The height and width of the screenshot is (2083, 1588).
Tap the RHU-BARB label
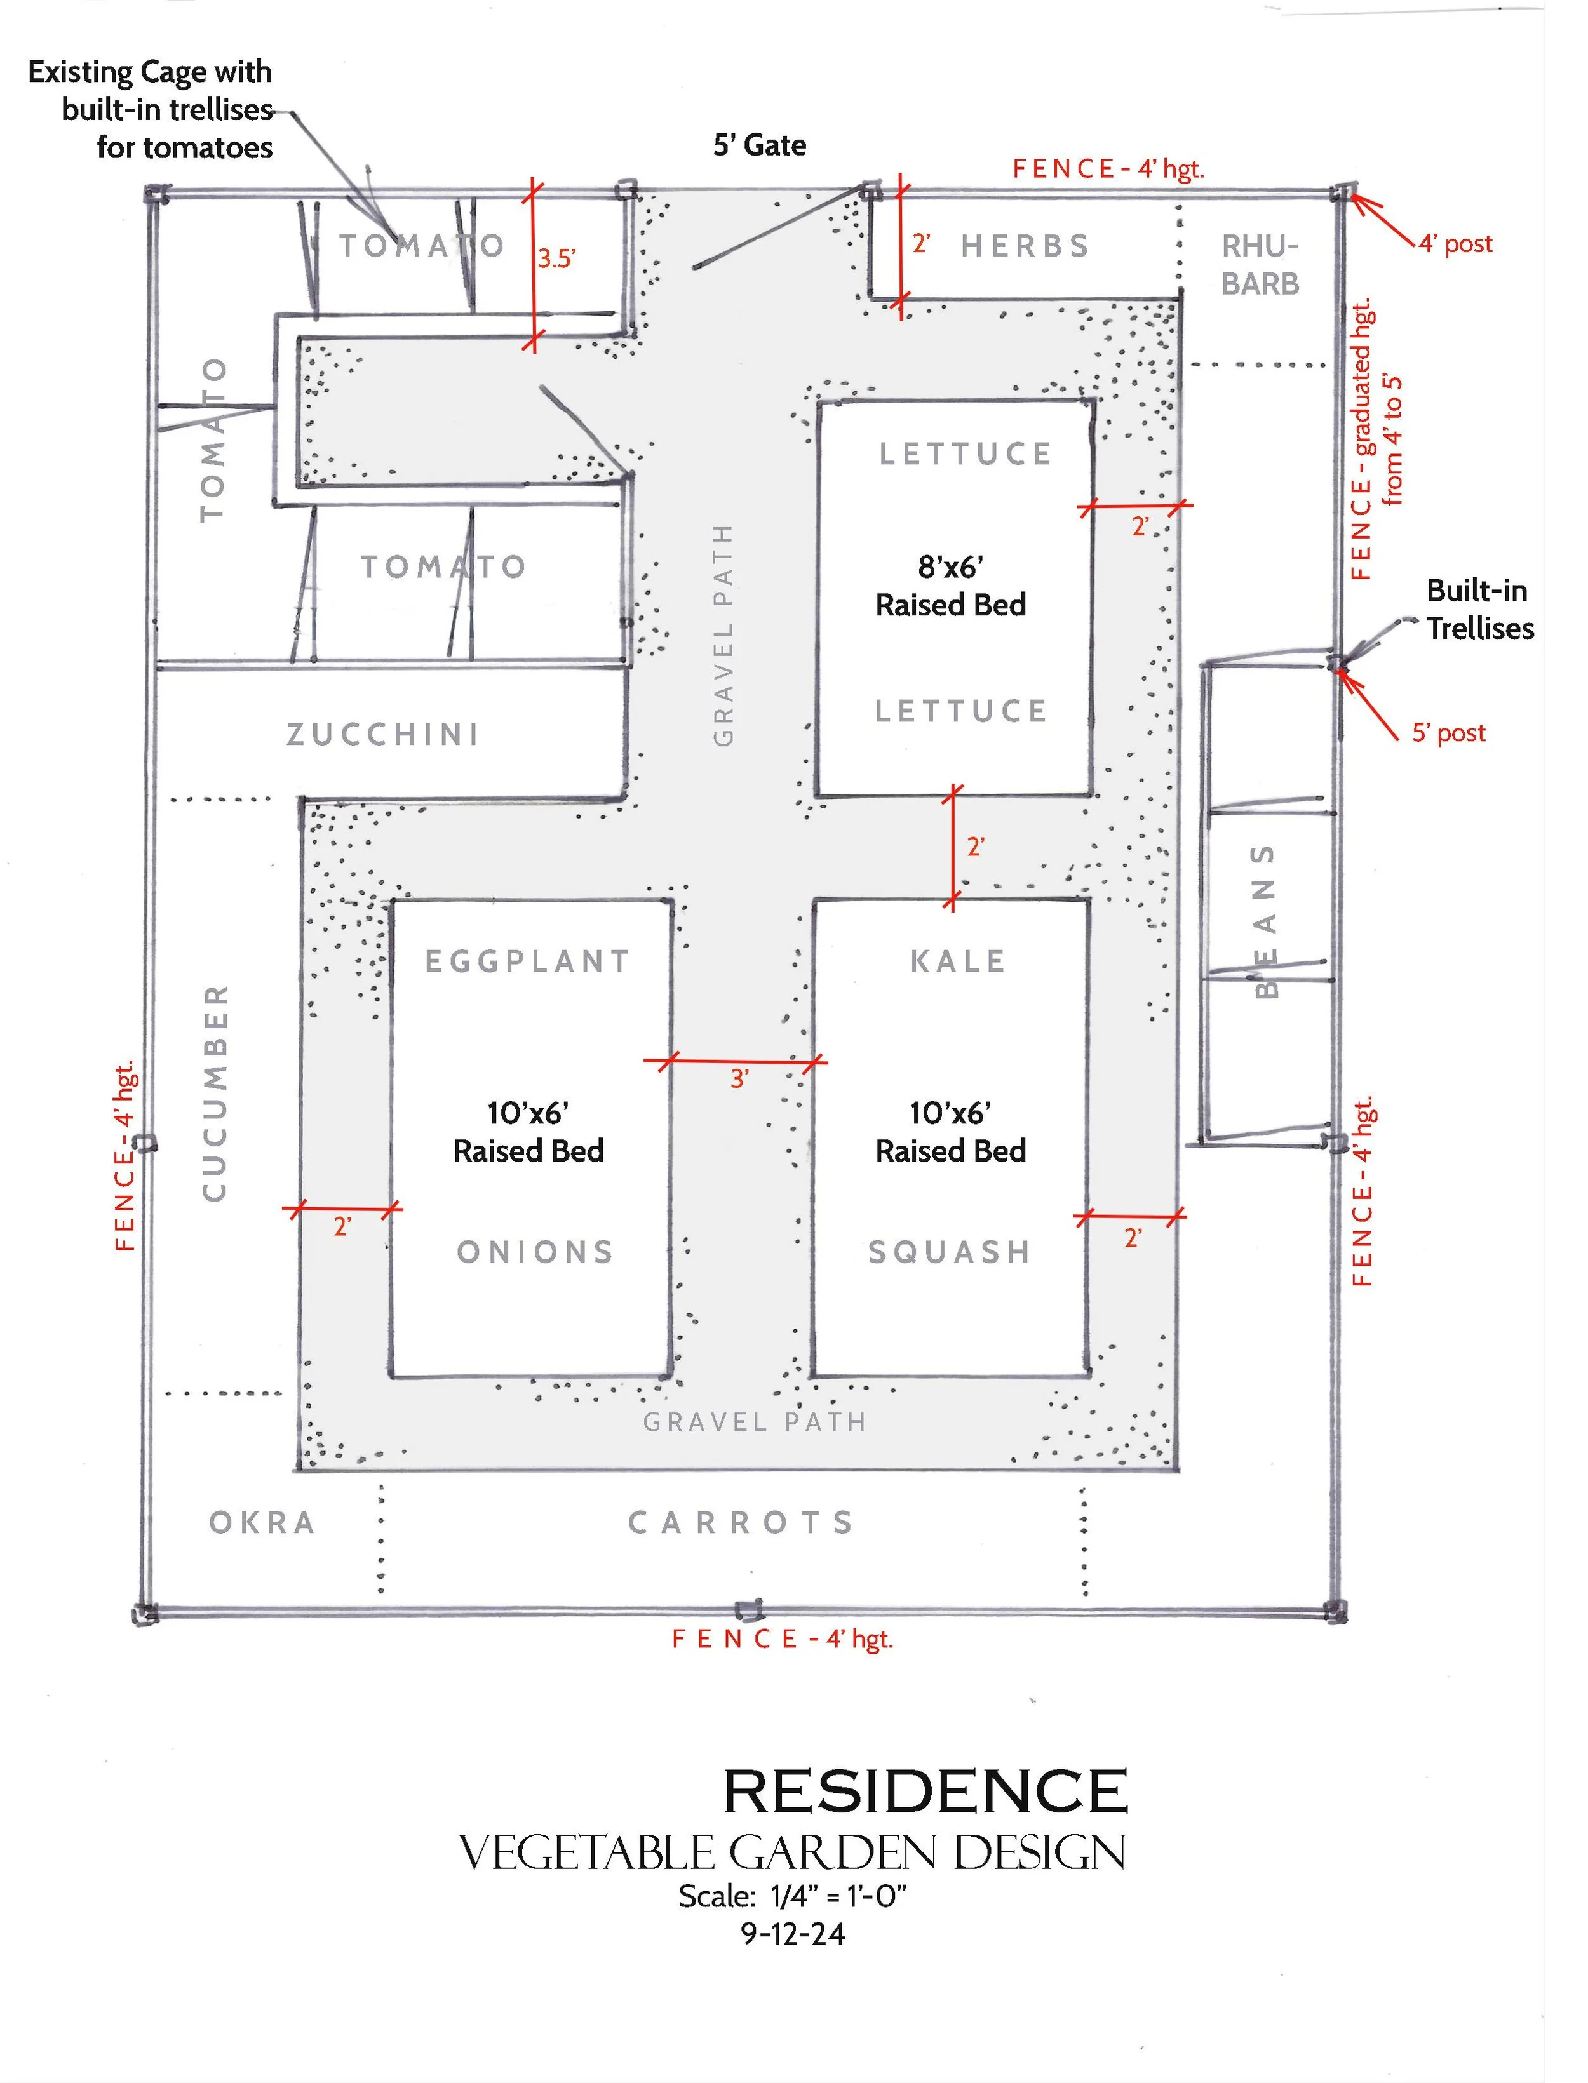(x=1260, y=265)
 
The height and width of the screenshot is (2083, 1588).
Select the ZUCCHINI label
(x=383, y=734)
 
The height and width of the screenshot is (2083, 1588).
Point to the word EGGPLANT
(x=527, y=961)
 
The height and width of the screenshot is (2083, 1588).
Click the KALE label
(x=957, y=961)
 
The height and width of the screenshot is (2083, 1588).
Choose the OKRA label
(x=262, y=1522)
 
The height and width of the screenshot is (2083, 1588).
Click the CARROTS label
(x=742, y=1522)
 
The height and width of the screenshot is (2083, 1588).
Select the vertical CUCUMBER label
(x=215, y=1094)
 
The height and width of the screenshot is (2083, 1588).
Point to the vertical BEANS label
(x=1265, y=921)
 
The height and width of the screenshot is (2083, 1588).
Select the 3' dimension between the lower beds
(x=739, y=1078)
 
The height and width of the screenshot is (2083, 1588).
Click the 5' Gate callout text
(x=759, y=145)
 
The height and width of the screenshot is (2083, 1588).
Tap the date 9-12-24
(x=792, y=1934)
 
